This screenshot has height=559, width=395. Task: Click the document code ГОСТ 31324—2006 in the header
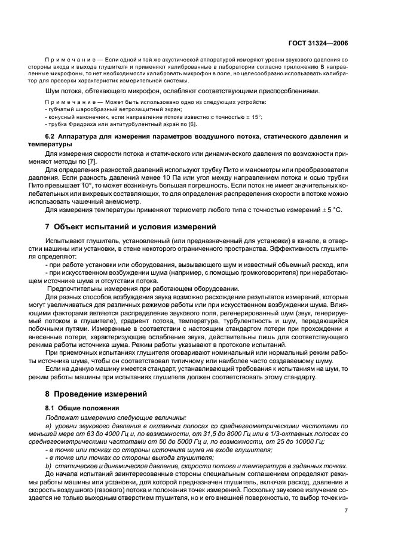323,43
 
